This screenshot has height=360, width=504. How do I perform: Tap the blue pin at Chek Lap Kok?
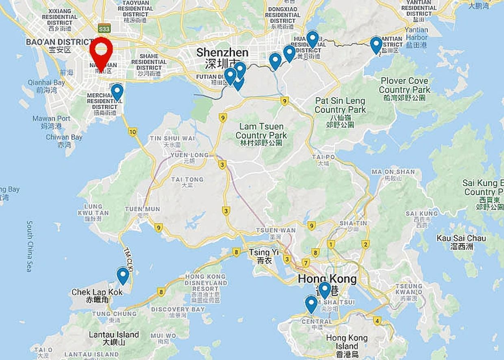pyautogui.click(x=123, y=275)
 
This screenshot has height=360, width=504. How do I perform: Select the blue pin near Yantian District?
pyautogui.click(x=376, y=45)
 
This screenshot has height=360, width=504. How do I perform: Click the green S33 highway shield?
pyautogui.click(x=104, y=28)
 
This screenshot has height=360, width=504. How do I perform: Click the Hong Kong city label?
pyautogui.click(x=327, y=279)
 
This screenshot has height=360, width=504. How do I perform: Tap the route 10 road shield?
pyautogui.click(x=133, y=132)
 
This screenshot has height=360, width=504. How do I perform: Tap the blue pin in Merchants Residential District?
pyautogui.click(x=117, y=91)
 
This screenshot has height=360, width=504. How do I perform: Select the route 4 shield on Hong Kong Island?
pyautogui.click(x=377, y=321)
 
